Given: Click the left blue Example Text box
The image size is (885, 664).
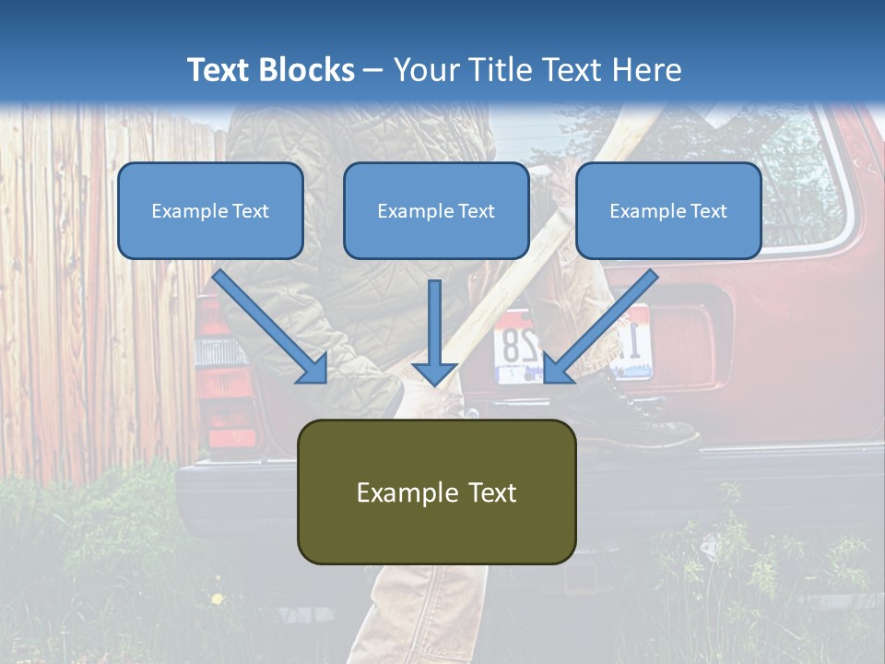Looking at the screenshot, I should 210,210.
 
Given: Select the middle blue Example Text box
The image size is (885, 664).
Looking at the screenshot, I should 436,210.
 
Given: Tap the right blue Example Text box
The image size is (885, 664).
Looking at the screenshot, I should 668,210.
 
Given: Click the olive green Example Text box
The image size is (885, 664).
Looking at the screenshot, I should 436,492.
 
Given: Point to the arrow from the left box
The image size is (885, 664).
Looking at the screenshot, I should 271,326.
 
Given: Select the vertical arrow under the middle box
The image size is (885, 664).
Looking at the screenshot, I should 435,333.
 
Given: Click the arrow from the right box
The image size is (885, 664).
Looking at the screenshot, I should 599,326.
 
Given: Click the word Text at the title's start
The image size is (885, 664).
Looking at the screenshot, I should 223,70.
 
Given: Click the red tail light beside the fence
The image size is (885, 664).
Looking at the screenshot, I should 221,387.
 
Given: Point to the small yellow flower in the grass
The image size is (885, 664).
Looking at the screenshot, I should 218,599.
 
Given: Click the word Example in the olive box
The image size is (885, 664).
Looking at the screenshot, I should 397,492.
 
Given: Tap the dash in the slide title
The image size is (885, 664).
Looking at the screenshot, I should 373,70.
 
